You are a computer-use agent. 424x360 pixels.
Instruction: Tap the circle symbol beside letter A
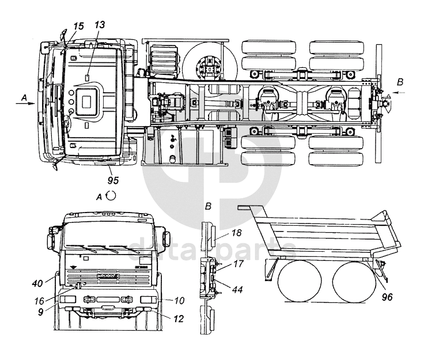tap(112, 195)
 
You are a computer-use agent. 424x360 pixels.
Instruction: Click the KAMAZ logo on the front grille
tap(109, 278)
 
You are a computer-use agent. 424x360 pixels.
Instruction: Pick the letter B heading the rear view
tap(208, 205)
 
